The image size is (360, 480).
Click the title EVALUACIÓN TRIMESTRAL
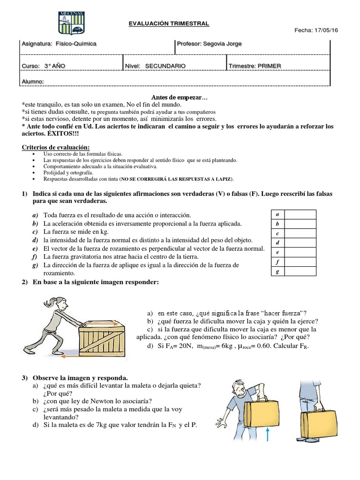point(169,24)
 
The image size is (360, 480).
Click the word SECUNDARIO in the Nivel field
point(165,66)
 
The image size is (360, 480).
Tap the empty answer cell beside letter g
point(300,271)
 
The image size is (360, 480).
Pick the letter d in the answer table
point(278,243)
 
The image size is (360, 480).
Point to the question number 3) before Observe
point(25,378)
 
